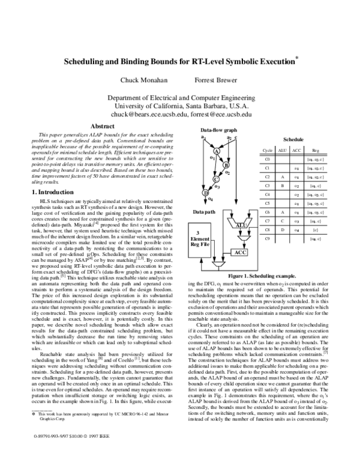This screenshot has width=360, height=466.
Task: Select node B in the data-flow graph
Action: (x=226, y=164)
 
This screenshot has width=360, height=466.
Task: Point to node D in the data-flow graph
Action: (x=206, y=193)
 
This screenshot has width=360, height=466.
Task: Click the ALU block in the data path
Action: (x=241, y=225)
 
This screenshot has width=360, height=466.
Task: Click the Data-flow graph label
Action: (x=219, y=130)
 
